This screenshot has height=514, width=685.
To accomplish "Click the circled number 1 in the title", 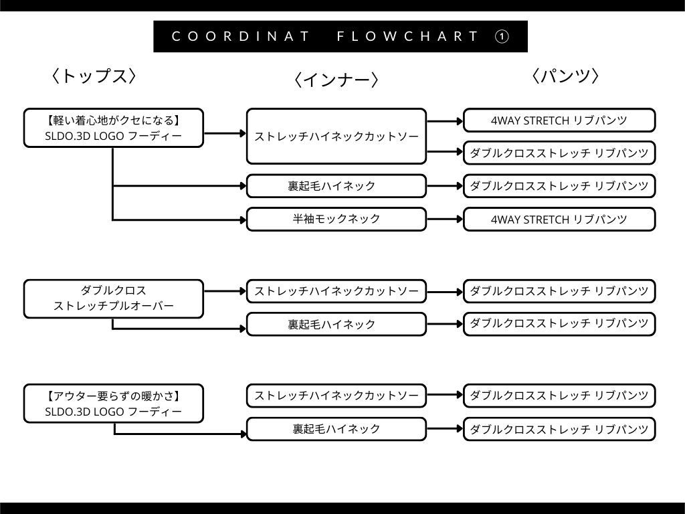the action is coord(502,37).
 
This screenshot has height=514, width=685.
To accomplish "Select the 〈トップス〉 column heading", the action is coord(94,76).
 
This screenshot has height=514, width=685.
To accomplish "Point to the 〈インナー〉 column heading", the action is coord(336,80).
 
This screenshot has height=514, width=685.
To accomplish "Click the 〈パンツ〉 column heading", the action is coord(565,76).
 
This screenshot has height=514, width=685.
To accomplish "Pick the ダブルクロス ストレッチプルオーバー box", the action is coord(113,298).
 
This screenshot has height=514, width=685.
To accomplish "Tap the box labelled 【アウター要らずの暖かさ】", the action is coord(113,404).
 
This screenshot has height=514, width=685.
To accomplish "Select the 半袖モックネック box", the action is coord(336,219).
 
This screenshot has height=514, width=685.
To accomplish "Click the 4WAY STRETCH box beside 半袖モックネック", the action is coord(559,219).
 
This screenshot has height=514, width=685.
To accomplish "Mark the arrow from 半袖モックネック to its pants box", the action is coord(445,219).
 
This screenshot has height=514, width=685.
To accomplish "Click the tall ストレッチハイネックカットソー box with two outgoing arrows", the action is coord(336,137).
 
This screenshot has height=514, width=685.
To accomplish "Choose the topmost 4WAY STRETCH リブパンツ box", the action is coord(559,120).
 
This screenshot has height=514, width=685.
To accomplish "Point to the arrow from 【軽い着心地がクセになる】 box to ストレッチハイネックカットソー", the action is coord(225,133).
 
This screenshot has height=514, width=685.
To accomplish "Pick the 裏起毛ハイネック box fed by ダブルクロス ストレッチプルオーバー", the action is coord(336,324).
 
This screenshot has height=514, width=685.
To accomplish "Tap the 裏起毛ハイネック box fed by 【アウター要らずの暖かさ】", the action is coord(336,429).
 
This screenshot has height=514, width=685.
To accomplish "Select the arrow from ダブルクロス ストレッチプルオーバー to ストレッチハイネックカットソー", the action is coord(225,291).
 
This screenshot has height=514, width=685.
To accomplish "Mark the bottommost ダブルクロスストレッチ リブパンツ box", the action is coord(559,429).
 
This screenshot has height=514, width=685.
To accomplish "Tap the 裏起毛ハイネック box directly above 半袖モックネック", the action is coord(336,186).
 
